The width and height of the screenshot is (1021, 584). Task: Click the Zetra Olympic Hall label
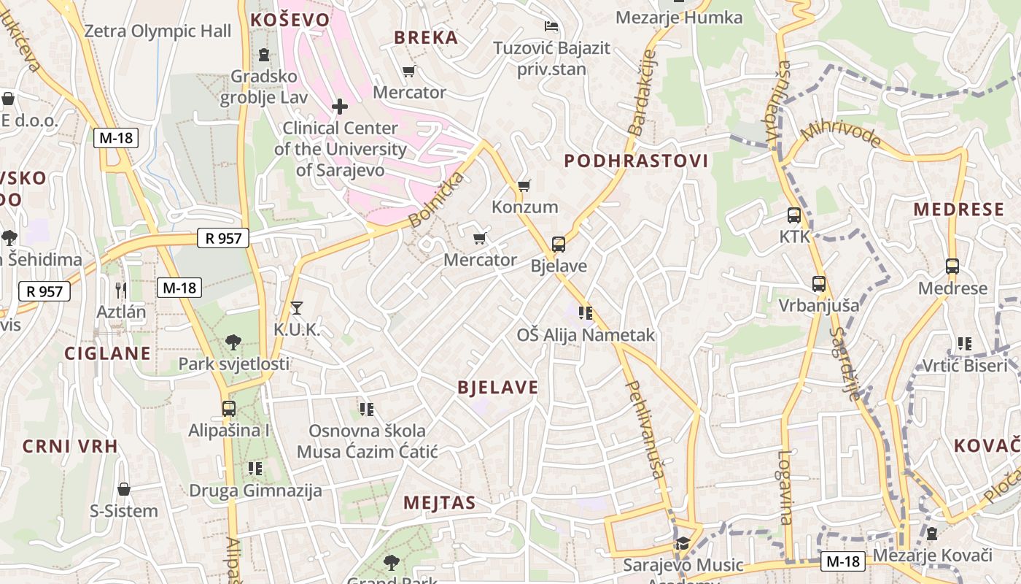(158, 31)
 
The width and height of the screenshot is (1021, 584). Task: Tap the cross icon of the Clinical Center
(340, 107)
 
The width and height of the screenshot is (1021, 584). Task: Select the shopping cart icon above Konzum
(524, 185)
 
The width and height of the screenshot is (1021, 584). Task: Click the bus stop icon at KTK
(794, 215)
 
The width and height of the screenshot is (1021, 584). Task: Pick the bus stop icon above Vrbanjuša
(819, 284)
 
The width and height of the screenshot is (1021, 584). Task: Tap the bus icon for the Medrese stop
(952, 266)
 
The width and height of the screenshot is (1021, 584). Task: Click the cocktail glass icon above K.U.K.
(296, 307)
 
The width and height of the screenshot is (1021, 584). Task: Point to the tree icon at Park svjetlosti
(233, 342)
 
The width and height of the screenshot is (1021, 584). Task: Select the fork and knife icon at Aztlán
(121, 290)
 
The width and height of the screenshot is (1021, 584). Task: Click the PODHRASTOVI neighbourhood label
(636, 161)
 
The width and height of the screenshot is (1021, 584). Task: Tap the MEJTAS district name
(440, 502)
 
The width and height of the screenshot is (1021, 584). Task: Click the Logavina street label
(785, 486)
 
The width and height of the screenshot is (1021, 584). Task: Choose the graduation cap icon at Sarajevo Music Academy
(683, 543)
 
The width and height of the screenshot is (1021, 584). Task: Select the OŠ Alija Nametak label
(586, 335)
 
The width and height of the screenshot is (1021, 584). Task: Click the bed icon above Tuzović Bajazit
(551, 26)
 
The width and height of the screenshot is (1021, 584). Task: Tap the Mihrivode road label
(840, 136)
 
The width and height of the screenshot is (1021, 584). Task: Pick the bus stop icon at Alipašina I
(229, 409)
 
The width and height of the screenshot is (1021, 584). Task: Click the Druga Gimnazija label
(255, 491)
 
